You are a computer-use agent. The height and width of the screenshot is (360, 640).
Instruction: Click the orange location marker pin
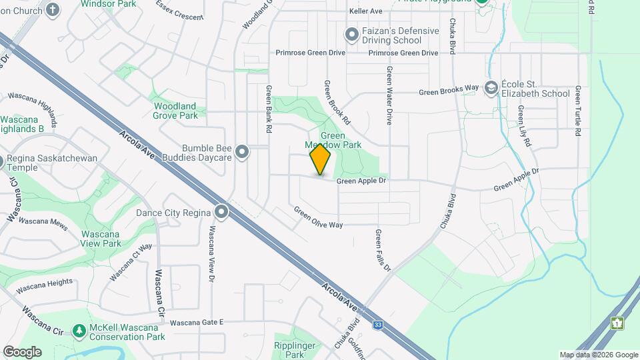(320, 159)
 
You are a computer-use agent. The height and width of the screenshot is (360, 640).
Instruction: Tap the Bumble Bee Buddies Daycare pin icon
(242, 153)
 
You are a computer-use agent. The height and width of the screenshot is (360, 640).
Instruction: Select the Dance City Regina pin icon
(221, 213)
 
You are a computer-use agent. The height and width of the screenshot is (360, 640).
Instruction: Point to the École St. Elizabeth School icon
(491, 88)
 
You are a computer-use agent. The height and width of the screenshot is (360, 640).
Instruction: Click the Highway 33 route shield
(378, 325)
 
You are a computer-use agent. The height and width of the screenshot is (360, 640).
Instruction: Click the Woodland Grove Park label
(175, 111)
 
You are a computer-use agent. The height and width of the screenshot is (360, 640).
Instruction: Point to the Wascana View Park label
(101, 239)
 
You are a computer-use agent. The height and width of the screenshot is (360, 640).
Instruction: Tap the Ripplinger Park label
(289, 350)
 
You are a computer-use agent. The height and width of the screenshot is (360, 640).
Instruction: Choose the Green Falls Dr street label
(382, 250)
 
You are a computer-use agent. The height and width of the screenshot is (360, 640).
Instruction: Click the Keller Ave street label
(365, 11)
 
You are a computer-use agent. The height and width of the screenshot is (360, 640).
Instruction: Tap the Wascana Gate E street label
(196, 323)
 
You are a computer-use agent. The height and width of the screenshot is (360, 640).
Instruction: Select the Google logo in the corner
(22, 351)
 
